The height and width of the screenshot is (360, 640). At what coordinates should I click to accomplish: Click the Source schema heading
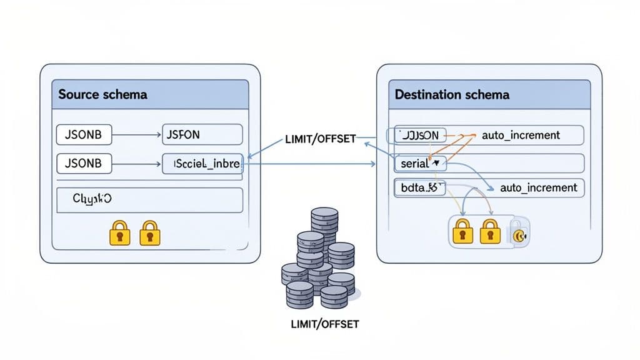coord(103,94)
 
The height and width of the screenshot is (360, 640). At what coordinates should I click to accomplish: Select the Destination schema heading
coord(452,94)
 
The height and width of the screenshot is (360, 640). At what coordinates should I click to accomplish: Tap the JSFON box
coord(202,134)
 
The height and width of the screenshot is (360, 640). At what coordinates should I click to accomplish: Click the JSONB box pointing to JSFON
coord(83,134)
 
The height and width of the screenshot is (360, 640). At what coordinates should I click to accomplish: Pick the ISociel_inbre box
coord(202,164)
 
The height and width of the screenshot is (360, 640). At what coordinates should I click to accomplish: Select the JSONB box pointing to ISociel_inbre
coord(83,164)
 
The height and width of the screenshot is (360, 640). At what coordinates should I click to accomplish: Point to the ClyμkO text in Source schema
coord(92,199)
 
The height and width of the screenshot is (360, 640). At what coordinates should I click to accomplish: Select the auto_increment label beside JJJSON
coord(521,134)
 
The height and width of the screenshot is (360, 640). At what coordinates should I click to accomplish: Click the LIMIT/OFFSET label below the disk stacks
coord(325,324)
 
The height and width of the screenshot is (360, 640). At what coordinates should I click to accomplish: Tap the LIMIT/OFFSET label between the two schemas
coord(319,139)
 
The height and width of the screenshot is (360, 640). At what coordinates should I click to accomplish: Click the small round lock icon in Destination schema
coord(518,235)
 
